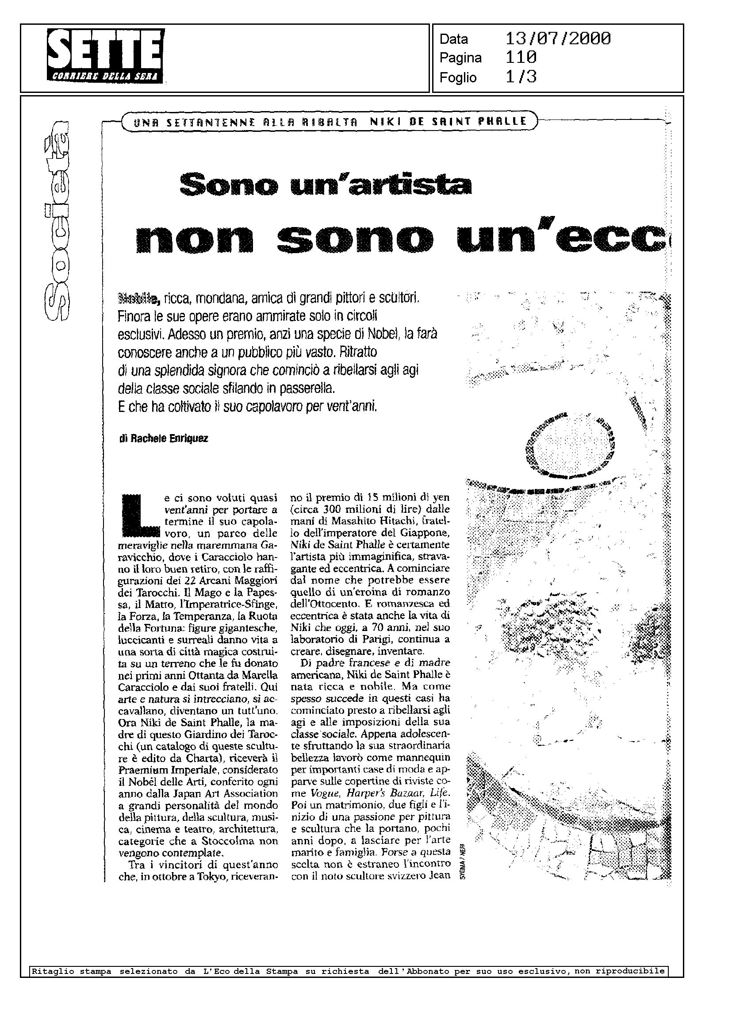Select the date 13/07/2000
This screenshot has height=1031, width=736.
pyautogui.click(x=558, y=39)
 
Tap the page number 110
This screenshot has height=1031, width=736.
pyautogui.click(x=521, y=58)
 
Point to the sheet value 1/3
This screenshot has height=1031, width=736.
pyautogui.click(x=521, y=77)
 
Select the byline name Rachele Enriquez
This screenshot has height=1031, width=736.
pyautogui.click(x=169, y=439)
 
